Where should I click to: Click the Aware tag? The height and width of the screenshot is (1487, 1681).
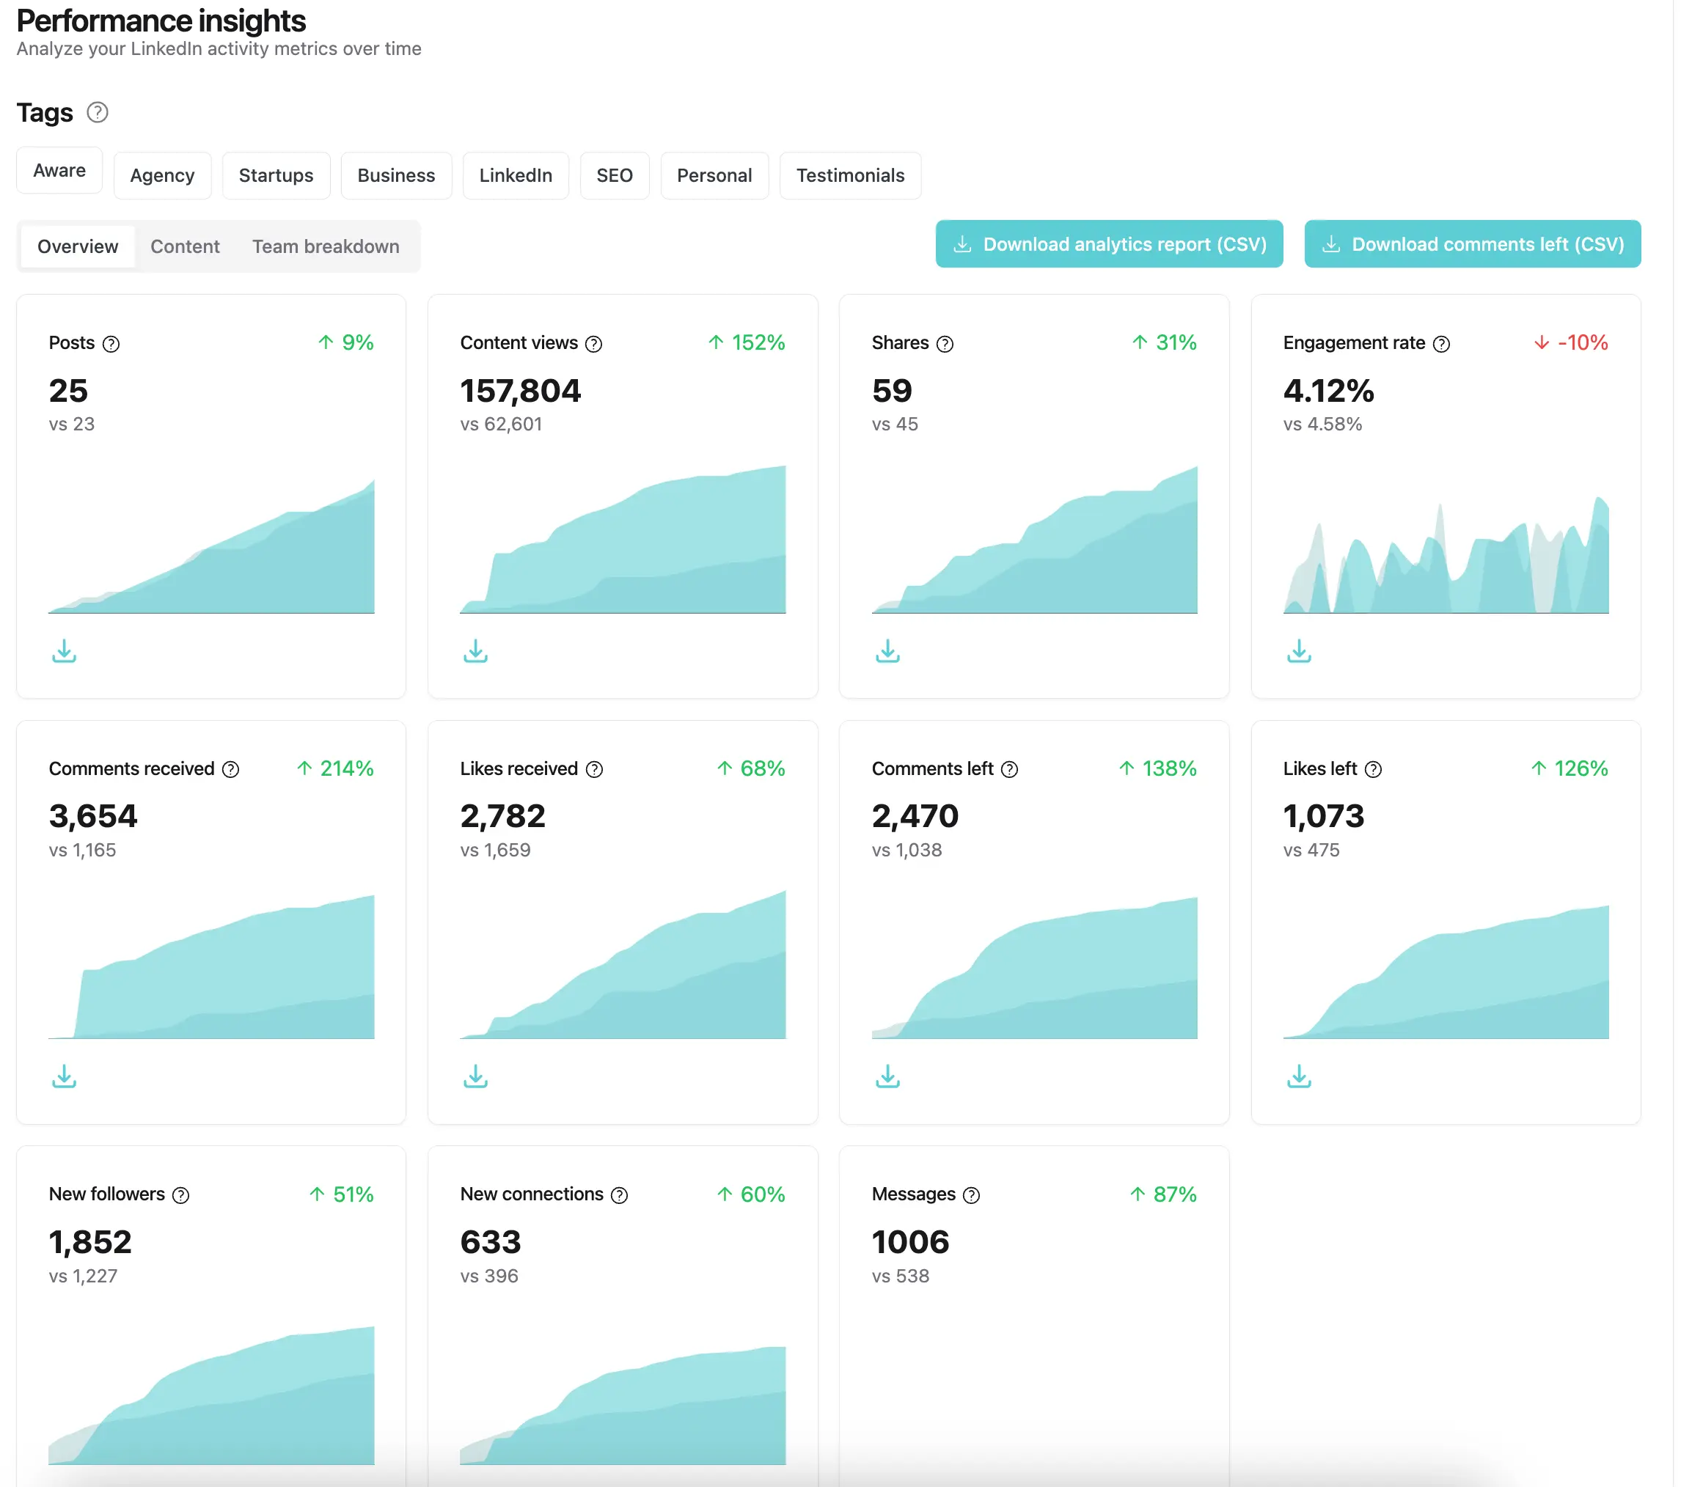tap(59, 170)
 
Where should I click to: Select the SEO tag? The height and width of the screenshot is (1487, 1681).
tap(615, 175)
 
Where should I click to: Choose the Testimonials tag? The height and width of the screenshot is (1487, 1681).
tap(849, 175)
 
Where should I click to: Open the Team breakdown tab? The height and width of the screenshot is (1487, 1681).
tap(326, 246)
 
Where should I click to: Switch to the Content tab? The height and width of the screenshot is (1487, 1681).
tap(185, 246)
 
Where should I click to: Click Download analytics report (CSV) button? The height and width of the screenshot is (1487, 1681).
tap(1109, 244)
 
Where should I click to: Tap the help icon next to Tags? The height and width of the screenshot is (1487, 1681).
tap(98, 111)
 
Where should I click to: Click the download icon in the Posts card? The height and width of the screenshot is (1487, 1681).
tap(64, 651)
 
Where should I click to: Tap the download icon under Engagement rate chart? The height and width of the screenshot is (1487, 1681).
tap(1299, 651)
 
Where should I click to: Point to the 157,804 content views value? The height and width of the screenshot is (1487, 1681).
tap(521, 392)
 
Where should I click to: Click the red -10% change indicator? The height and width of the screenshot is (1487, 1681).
tap(1572, 342)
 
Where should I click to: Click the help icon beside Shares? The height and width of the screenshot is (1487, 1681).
tap(945, 344)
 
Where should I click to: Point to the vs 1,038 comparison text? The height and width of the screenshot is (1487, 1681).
tap(907, 850)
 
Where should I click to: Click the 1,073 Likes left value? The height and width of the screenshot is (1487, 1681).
tap(1323, 816)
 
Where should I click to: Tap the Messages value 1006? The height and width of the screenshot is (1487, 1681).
tap(910, 1242)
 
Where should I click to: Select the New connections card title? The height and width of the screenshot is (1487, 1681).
tap(531, 1194)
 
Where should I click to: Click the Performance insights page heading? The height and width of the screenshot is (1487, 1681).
tap(161, 21)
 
